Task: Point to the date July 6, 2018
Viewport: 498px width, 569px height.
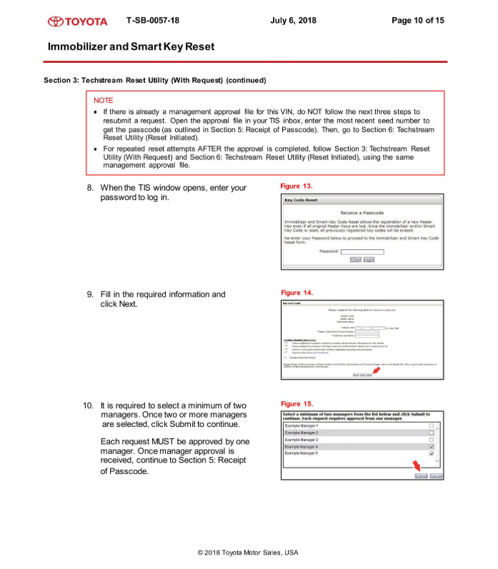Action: (x=293, y=20)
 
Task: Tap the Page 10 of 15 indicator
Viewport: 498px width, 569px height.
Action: (x=418, y=20)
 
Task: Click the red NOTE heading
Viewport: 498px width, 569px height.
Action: (x=103, y=101)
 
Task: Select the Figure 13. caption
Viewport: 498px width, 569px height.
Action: (x=297, y=186)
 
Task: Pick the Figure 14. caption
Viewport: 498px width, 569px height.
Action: (x=297, y=293)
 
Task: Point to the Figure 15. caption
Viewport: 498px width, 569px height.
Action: (x=297, y=404)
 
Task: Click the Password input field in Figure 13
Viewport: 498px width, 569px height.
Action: (x=362, y=251)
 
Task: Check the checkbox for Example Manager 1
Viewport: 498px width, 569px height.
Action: (x=431, y=426)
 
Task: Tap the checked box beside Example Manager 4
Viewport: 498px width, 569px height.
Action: (x=431, y=447)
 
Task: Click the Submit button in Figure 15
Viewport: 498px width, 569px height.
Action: (x=421, y=476)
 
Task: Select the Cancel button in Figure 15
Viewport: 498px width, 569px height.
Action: (x=437, y=476)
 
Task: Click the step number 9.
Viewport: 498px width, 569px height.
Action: (x=90, y=294)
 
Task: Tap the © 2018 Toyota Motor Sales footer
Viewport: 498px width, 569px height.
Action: (x=248, y=553)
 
